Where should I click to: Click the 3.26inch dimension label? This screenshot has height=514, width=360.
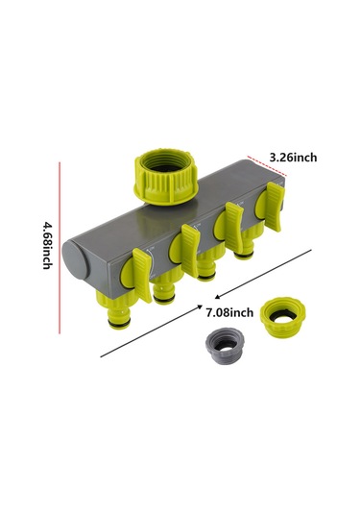click(x=293, y=158)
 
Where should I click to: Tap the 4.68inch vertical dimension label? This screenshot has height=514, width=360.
click(x=47, y=246)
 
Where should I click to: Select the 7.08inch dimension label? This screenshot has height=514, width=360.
click(x=229, y=312)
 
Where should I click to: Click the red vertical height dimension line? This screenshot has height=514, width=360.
click(x=60, y=248)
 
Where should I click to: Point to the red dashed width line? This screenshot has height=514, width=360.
click(x=267, y=166)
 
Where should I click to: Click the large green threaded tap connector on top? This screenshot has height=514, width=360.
click(x=166, y=177)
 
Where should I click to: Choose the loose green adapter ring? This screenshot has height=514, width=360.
click(x=283, y=316)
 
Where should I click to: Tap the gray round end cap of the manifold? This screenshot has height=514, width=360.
click(x=78, y=260)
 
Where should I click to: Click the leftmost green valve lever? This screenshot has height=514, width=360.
click(x=142, y=275)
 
